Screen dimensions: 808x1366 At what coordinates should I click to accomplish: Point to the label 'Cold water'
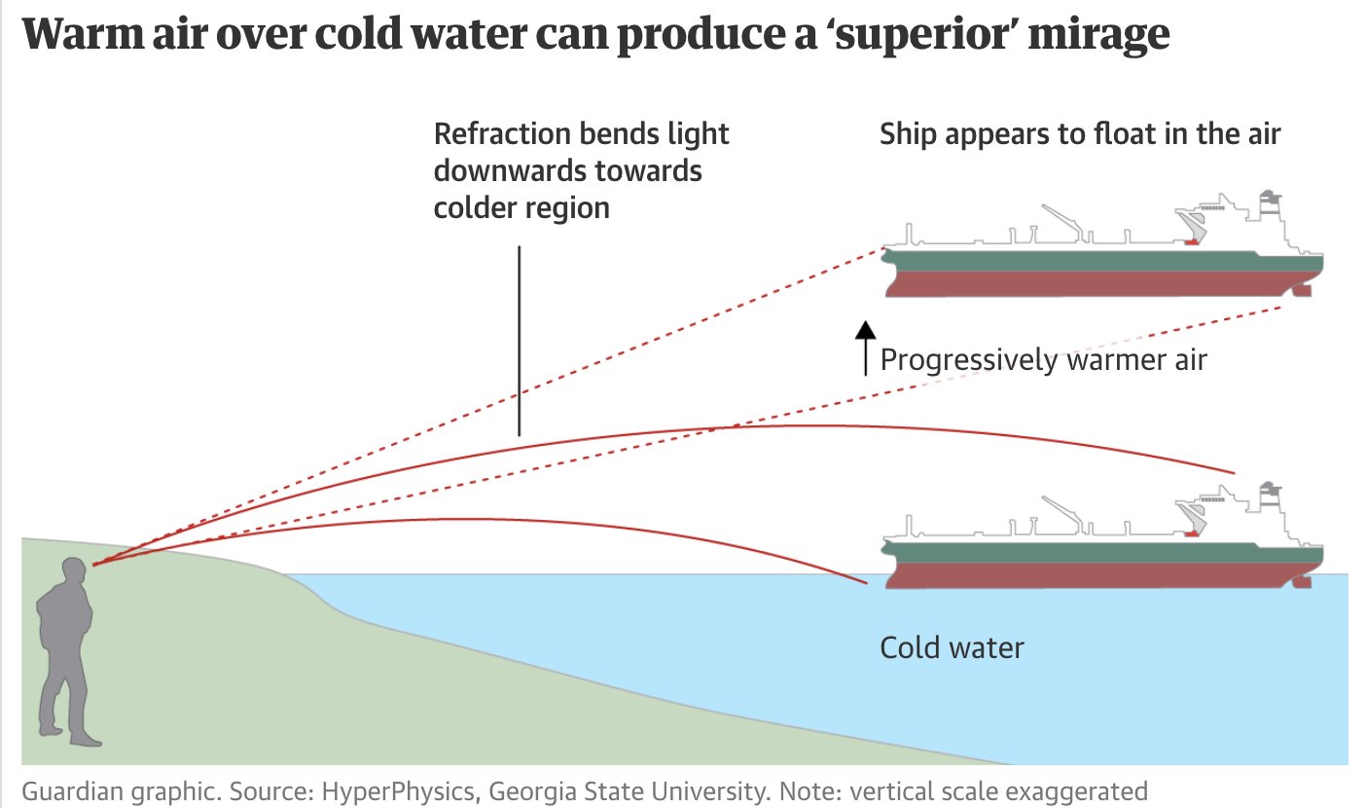pos(952,647)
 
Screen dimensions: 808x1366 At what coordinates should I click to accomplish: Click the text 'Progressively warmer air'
pos(1043,360)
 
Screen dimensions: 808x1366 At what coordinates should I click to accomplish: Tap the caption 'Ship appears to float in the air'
pos(1080,134)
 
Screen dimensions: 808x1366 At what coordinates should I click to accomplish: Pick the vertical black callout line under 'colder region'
pos(519,340)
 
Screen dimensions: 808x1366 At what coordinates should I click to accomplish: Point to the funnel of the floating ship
pos(1270,203)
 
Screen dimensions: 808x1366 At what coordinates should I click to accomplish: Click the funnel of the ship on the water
pos(1270,495)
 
